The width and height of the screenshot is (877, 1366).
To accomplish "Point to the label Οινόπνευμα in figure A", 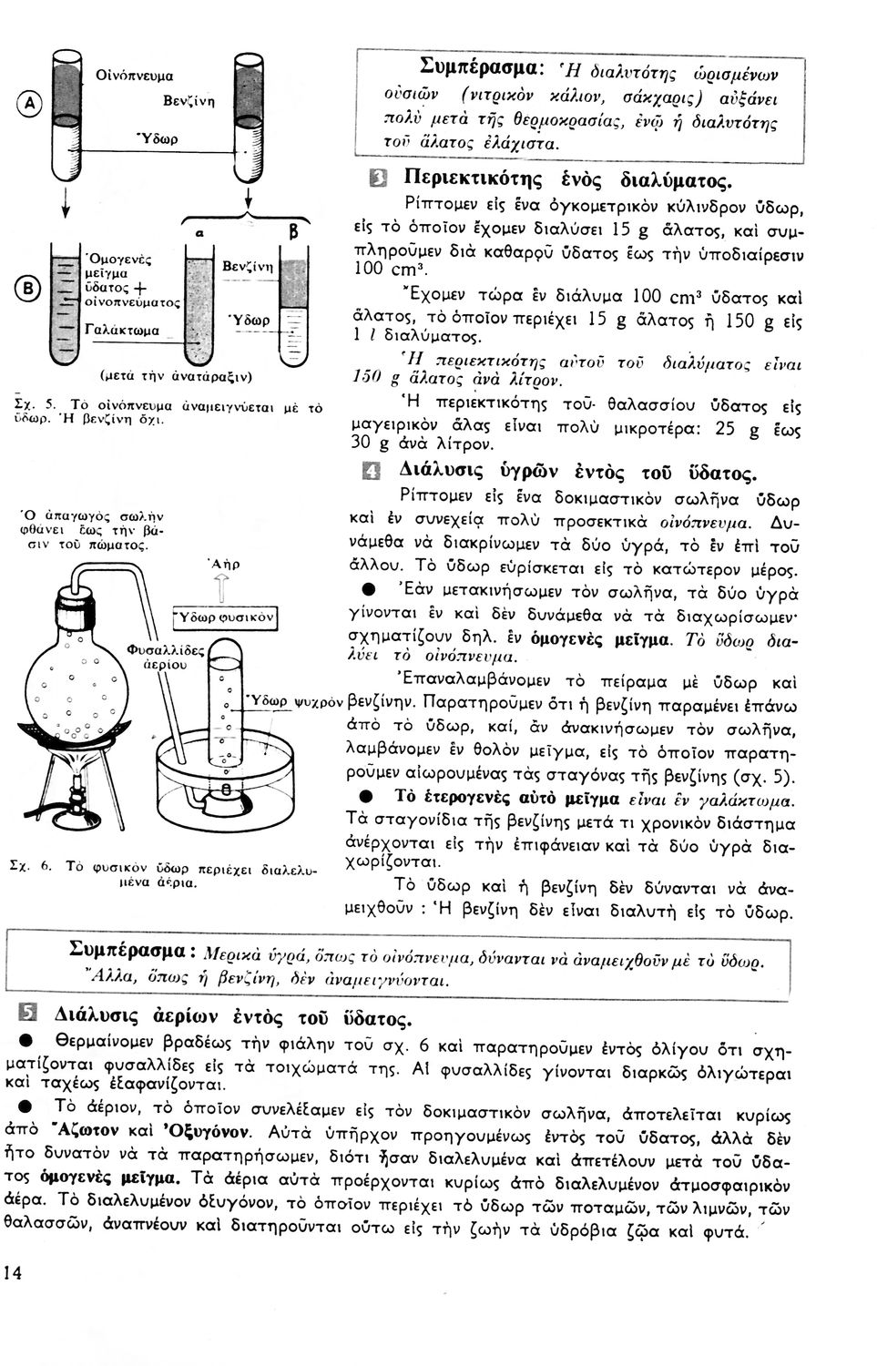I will [x=135, y=76].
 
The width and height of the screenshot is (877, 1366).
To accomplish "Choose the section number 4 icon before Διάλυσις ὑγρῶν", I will [x=372, y=473].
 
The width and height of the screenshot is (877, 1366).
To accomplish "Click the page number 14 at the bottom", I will [x=14, y=1273].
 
